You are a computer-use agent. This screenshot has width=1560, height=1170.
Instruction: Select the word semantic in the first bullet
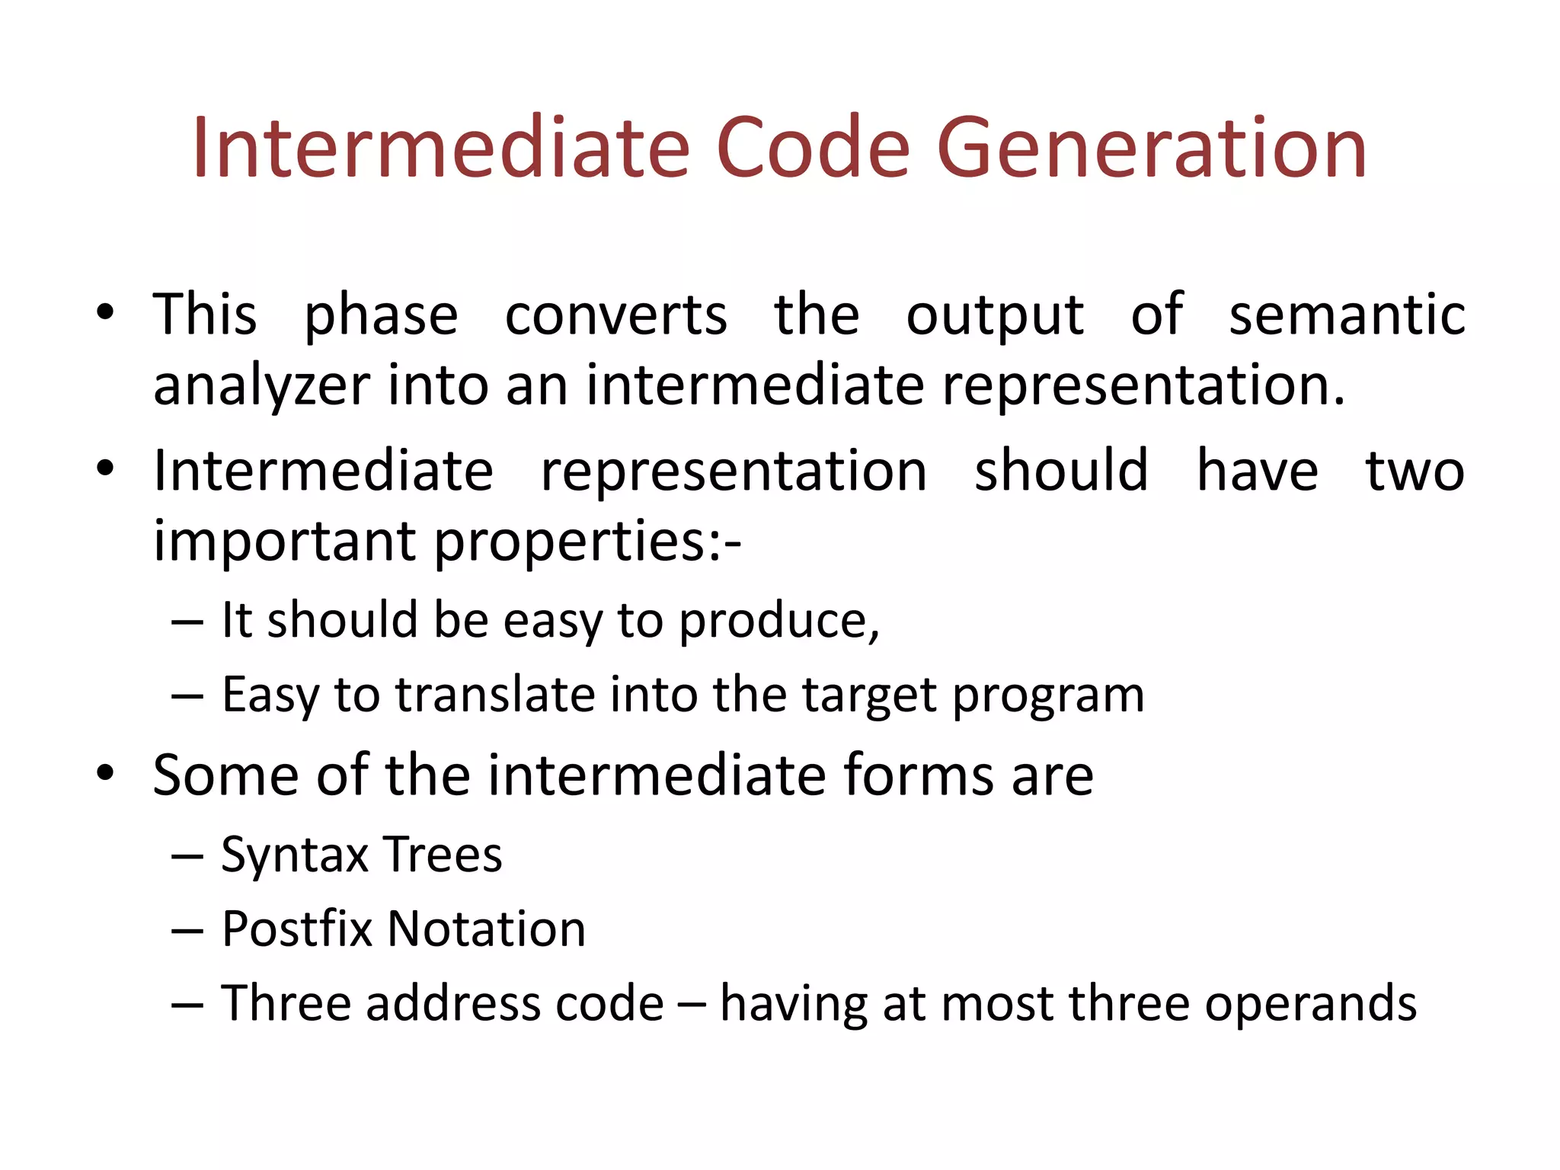[1347, 315]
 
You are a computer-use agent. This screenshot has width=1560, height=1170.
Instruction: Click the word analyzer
[261, 386]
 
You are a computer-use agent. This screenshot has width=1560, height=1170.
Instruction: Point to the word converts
[615, 315]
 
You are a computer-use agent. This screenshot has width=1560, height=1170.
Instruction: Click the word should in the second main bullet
[1061, 470]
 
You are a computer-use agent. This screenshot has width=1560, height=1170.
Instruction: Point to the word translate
[494, 695]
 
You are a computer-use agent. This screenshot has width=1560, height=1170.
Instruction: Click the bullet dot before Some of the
[105, 774]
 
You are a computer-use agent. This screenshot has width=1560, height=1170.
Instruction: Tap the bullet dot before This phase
[105, 312]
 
